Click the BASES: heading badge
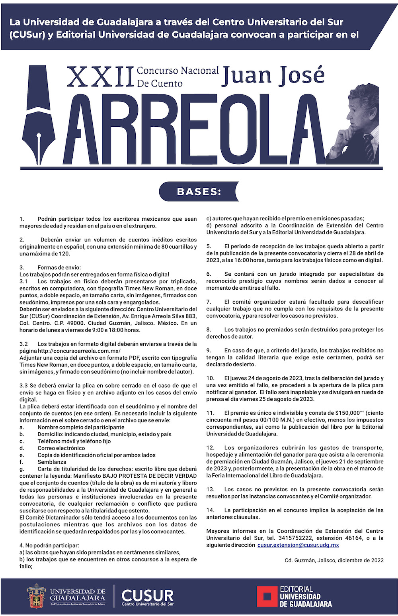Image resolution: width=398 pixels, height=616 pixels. [199, 192]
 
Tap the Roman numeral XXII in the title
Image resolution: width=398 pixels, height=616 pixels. [99, 77]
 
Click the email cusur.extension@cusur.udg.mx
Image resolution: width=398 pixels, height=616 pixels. [298, 545]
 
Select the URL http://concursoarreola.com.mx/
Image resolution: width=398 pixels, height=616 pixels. [79, 351]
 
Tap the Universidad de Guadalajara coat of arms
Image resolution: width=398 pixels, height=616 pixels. [36, 596]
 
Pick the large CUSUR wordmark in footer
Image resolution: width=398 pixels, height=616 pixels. [148, 596]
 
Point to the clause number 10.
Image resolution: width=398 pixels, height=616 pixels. [210, 378]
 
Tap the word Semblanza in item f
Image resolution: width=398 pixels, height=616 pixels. [52, 462]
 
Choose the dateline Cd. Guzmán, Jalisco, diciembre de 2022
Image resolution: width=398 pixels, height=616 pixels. [334, 560]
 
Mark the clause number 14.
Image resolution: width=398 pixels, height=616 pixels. [210, 510]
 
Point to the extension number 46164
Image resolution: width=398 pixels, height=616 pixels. [353, 538]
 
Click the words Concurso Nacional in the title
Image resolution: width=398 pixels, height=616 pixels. [178, 71]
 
